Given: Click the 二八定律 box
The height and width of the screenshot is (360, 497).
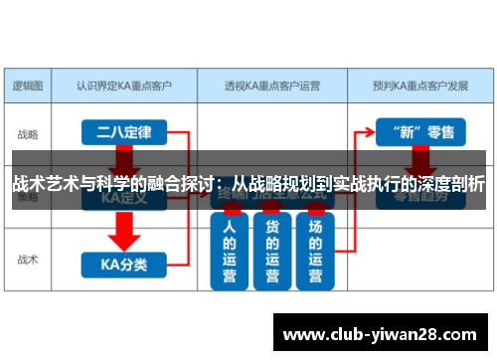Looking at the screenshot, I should coord(123,130).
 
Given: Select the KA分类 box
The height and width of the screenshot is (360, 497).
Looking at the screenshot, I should coord(123,264).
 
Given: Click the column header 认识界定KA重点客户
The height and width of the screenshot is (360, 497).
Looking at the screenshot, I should coord(123,86).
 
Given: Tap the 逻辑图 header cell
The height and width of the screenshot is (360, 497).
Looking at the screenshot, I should coord(29,86).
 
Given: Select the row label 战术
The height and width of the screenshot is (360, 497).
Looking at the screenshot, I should coord(29,261).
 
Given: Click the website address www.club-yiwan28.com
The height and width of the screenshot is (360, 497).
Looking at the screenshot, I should coord(381,331).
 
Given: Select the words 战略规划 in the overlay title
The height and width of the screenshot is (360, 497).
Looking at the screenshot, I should coord(281,184).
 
